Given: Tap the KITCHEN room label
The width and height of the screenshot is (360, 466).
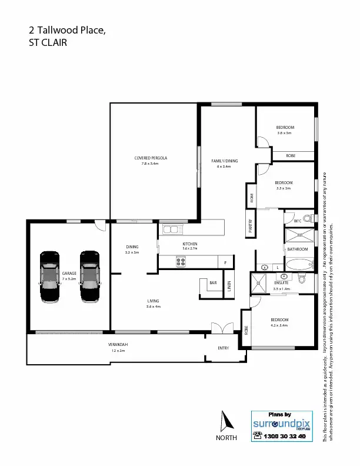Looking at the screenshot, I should [189, 244].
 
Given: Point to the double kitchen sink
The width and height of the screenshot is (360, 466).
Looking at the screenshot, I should [171, 229].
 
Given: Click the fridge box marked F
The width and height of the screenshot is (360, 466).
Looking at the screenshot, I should [225, 261].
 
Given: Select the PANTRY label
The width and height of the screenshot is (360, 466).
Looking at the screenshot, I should [250, 226].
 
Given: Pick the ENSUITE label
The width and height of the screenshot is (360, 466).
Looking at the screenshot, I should [282, 283].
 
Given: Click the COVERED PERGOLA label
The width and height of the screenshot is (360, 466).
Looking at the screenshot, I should [151, 158].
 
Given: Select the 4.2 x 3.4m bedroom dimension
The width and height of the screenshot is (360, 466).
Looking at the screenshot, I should [278, 325].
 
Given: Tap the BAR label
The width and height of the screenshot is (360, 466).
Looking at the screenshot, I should [212, 283].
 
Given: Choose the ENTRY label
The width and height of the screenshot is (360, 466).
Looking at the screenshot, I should [223, 348].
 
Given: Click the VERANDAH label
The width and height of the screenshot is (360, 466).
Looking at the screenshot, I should [118, 344].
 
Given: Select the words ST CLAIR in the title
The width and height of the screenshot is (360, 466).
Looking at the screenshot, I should [48, 43].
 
